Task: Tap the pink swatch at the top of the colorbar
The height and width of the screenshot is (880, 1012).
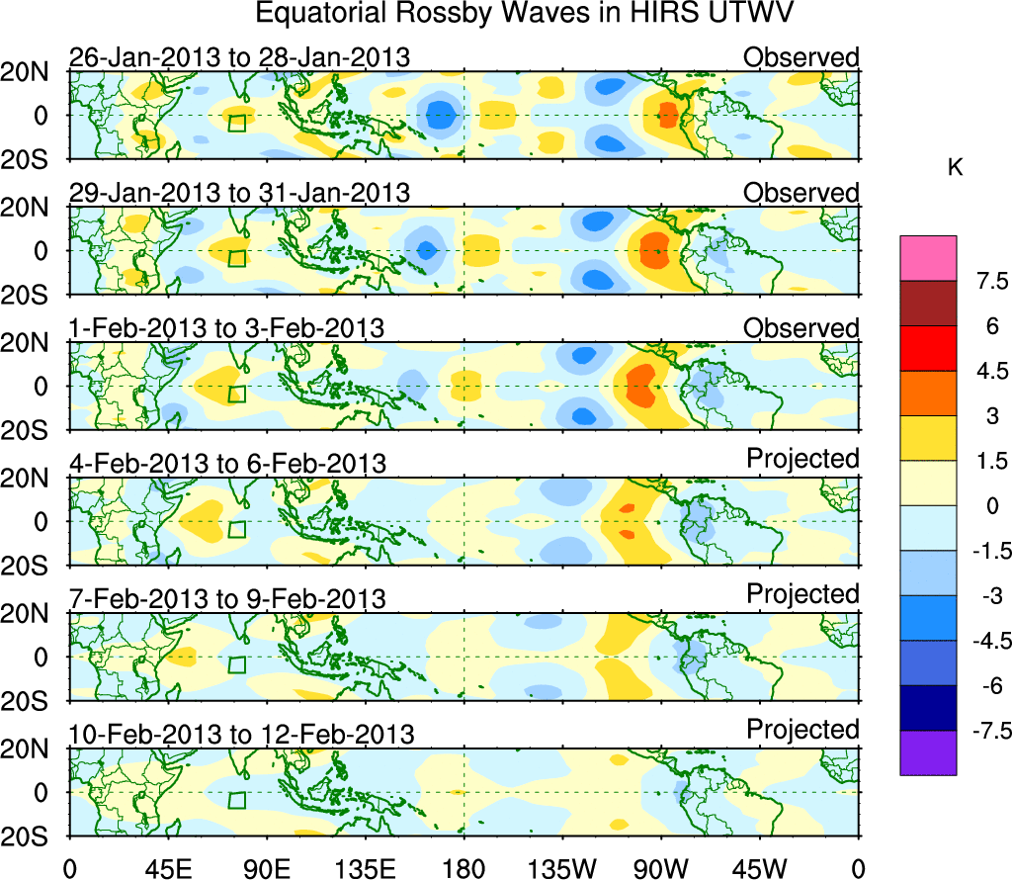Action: coord(928,258)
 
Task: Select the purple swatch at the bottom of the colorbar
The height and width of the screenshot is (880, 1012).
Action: coord(928,752)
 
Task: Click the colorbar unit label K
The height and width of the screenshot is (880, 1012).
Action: coord(955,169)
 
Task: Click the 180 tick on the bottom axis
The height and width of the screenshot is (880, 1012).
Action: coord(464,868)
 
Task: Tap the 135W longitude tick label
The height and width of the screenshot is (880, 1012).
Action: coord(562,868)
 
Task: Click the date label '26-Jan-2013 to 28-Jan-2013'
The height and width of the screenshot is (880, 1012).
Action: coord(239,57)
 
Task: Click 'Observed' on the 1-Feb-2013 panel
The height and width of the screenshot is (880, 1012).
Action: coord(801,327)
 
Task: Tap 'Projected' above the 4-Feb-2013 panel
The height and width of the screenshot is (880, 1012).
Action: coord(802,459)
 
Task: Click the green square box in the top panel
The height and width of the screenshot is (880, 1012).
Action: coord(237,123)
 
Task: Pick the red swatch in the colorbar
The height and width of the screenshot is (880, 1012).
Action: coord(928,348)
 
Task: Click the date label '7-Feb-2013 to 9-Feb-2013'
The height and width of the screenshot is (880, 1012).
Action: coord(229,599)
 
